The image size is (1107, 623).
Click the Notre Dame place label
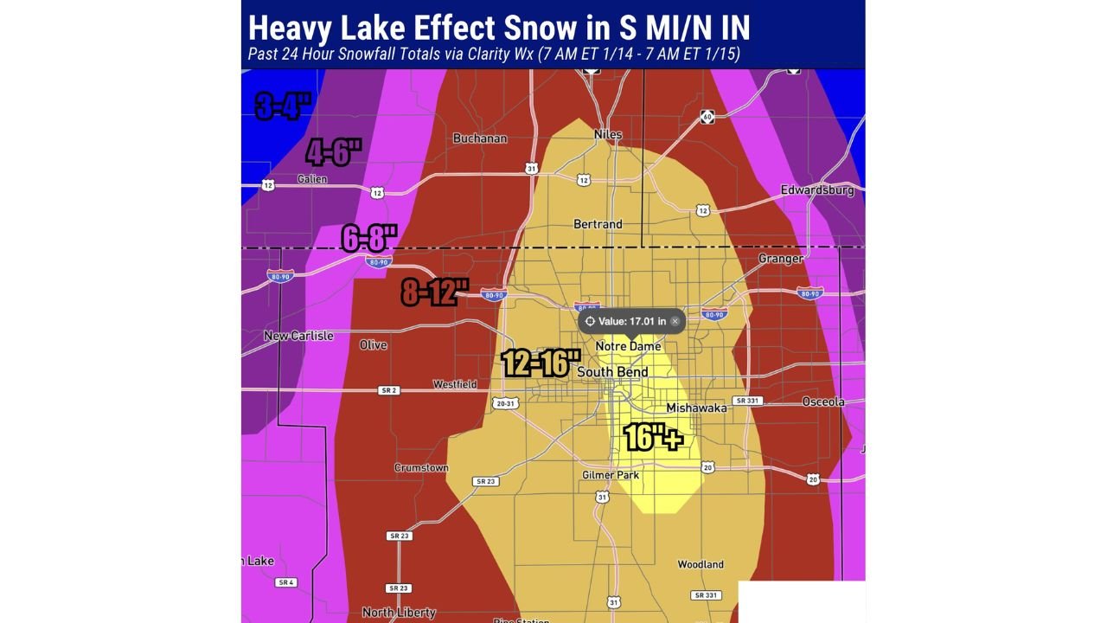click(x=628, y=346)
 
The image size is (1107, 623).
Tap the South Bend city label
click(x=612, y=372)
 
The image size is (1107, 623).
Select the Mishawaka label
click(x=696, y=408)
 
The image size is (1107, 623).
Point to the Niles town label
click(x=608, y=135)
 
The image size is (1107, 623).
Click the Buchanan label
click(x=480, y=138)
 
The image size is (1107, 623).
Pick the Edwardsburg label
click(x=816, y=189)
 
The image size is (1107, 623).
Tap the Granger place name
click(x=781, y=259)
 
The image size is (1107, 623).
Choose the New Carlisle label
click(x=298, y=336)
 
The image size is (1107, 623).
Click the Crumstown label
click(x=421, y=468)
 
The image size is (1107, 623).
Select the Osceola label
click(x=822, y=402)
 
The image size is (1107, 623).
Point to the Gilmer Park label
click(x=610, y=475)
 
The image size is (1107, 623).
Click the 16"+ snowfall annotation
click(x=653, y=438)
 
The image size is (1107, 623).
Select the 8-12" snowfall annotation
click(x=435, y=292)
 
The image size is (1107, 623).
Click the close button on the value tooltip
click(x=675, y=321)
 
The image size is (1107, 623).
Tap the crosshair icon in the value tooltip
click(x=590, y=321)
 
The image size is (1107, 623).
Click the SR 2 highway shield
click(x=388, y=391)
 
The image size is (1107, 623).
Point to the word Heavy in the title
click(x=290, y=28)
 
